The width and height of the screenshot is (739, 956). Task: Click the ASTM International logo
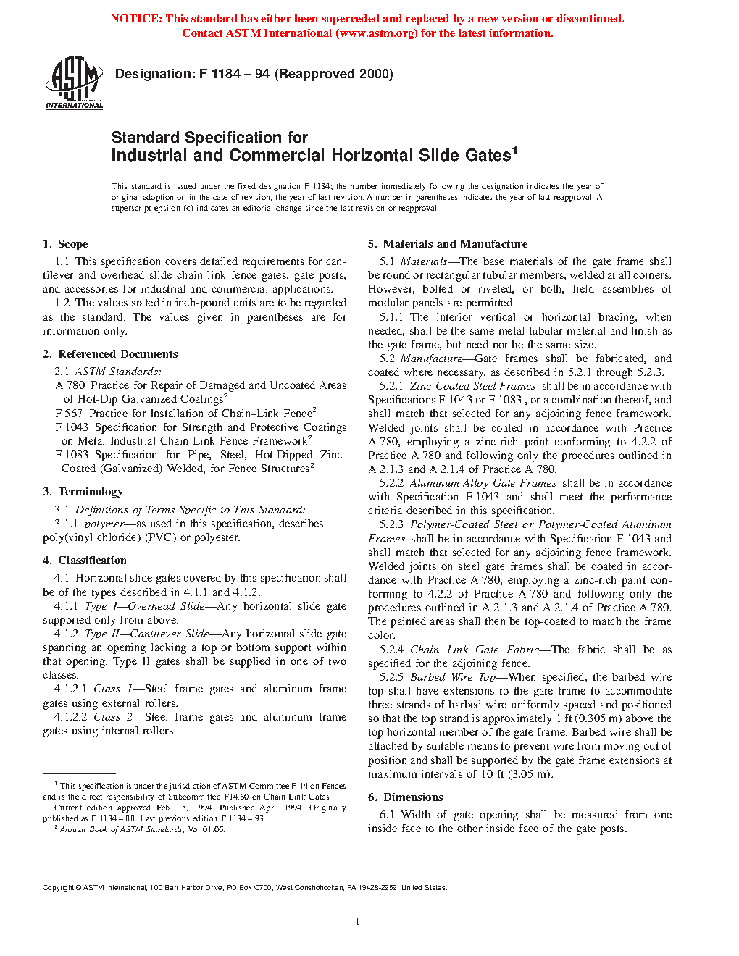(x=74, y=83)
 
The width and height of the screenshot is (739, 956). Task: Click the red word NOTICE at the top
(x=135, y=19)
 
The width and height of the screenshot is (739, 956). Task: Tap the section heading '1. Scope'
(x=65, y=244)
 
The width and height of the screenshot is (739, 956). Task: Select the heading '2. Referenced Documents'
(x=110, y=354)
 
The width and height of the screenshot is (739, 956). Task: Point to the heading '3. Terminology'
(x=83, y=492)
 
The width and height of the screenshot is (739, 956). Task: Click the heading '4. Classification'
(x=85, y=561)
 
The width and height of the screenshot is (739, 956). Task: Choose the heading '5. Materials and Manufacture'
(x=448, y=244)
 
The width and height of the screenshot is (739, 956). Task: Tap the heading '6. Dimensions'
(x=405, y=797)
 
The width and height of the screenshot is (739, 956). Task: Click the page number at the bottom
(x=358, y=921)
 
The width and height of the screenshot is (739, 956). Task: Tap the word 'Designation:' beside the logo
(x=154, y=74)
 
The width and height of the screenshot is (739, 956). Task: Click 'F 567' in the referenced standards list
(x=69, y=414)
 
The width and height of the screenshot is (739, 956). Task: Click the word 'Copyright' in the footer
(x=58, y=888)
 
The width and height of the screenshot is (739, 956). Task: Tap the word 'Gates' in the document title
(x=488, y=156)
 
